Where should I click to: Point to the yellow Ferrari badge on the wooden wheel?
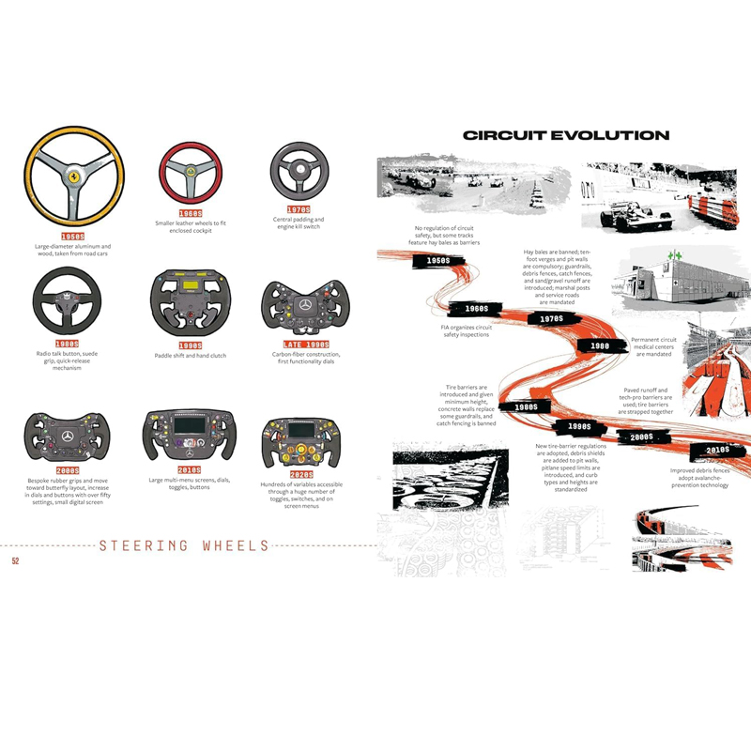click(x=71, y=176)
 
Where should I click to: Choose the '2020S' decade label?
click(x=300, y=475)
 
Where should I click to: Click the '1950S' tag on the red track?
click(x=437, y=260)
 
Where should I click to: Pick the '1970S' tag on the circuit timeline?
click(x=552, y=319)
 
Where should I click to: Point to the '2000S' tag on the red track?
click(x=642, y=437)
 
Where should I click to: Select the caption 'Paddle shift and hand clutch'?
click(x=192, y=356)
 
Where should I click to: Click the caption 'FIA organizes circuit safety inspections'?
click(x=465, y=330)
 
